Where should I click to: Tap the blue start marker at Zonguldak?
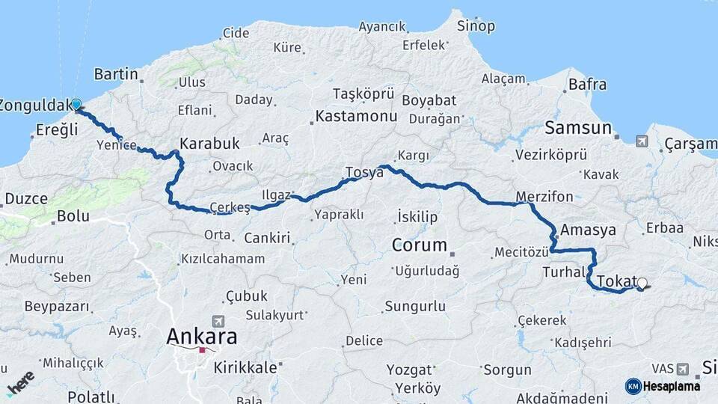[76, 104]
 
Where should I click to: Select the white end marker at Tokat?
[642, 284]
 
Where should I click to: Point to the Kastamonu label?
[355, 117]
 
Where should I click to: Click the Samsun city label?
[578, 127]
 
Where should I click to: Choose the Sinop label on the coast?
[476, 26]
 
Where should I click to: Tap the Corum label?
[420, 245]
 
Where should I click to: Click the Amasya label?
[588, 230]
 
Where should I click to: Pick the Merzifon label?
[544, 197]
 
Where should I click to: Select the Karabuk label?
[209, 143]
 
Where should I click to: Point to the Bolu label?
[73, 216]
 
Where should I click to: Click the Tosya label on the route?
[364, 172]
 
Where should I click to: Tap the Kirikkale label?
[245, 367]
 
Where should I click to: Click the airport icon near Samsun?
[642, 141]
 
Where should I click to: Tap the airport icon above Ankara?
[218, 319]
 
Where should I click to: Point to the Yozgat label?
[410, 370]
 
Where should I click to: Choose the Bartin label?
[117, 74]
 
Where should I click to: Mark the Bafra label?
[587, 85]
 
